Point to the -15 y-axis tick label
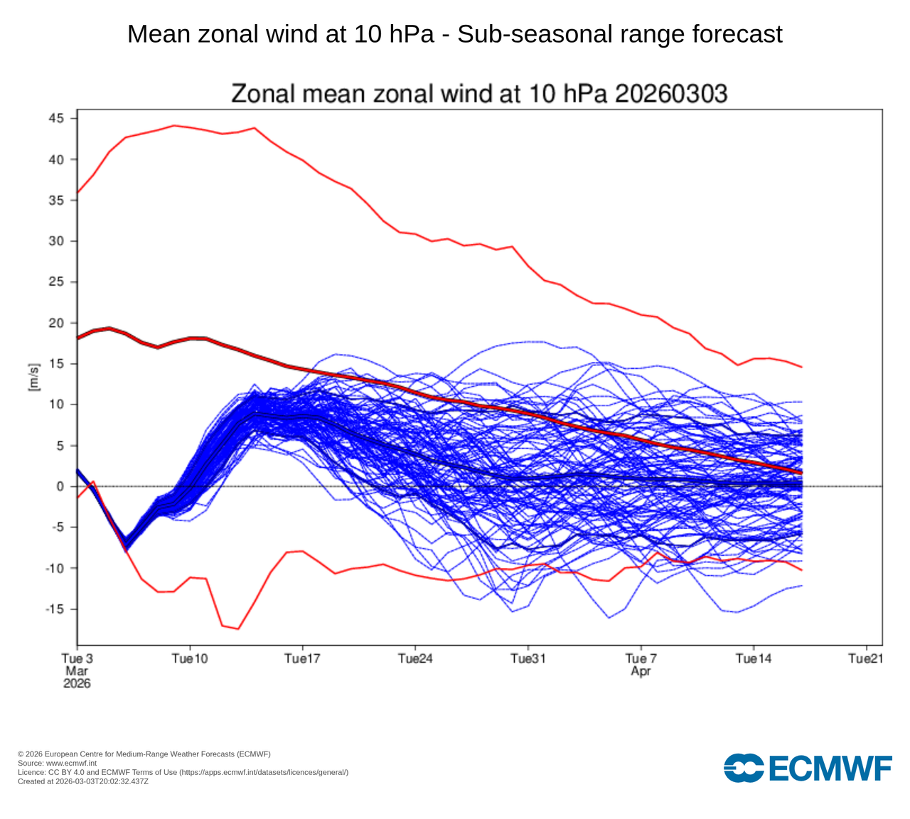point(54,609)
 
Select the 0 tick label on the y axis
point(60,486)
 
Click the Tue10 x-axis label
point(190,659)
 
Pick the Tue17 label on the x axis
point(302,659)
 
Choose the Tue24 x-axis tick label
point(415,659)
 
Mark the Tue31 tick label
point(528,659)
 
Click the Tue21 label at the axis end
point(866,659)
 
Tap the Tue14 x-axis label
point(754,659)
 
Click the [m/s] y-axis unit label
point(33,376)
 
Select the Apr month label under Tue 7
point(641,671)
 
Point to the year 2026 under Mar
point(77,683)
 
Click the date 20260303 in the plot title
point(671,93)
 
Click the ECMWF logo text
point(828,769)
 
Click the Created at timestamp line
point(83,781)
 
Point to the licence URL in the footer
point(262,772)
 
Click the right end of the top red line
point(802,367)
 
